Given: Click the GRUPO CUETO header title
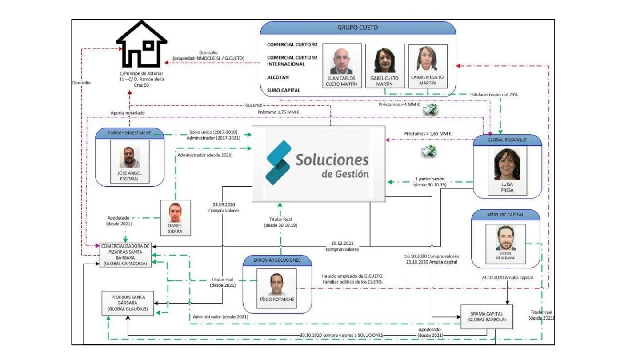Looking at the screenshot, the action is (x=358, y=28).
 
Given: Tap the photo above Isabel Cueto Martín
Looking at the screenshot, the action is (x=384, y=60).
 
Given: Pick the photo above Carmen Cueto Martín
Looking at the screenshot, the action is (x=427, y=59).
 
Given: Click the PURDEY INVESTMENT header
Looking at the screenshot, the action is (x=129, y=133).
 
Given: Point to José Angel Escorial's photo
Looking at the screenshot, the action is (x=129, y=157).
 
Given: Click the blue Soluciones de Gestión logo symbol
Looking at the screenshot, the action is (x=278, y=162).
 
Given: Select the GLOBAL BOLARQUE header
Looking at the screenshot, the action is (x=507, y=140).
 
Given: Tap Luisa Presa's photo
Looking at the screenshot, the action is (x=507, y=164).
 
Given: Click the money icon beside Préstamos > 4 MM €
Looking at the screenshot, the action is (x=430, y=110).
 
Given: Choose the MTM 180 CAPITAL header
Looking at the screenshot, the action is (x=505, y=215).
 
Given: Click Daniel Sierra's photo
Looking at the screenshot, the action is (x=175, y=212).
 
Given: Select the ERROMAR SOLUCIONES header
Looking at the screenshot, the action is (x=277, y=260).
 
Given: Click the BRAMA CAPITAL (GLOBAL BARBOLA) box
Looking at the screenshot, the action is (x=487, y=317).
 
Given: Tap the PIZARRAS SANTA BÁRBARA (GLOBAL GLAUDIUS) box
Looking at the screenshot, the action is (x=128, y=303).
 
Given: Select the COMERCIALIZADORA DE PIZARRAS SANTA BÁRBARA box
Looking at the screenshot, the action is (x=125, y=255).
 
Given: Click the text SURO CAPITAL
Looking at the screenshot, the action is (x=284, y=90).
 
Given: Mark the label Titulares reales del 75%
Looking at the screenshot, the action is (x=494, y=95).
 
